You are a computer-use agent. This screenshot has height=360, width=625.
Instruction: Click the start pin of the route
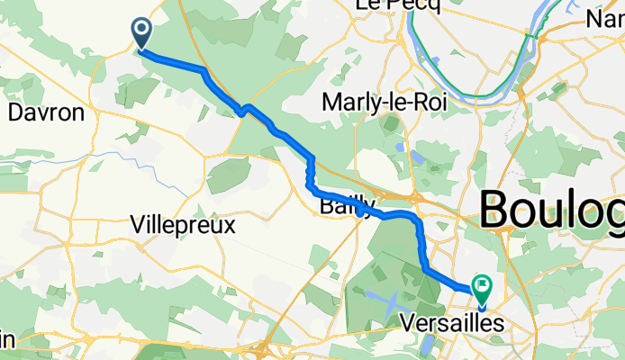[x=142, y=33]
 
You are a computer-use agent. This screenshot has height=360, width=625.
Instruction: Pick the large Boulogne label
[x=551, y=211]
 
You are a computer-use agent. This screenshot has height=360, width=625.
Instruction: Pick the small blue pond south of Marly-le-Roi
[x=398, y=147]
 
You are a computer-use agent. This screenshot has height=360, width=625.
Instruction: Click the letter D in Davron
[x=14, y=113]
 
